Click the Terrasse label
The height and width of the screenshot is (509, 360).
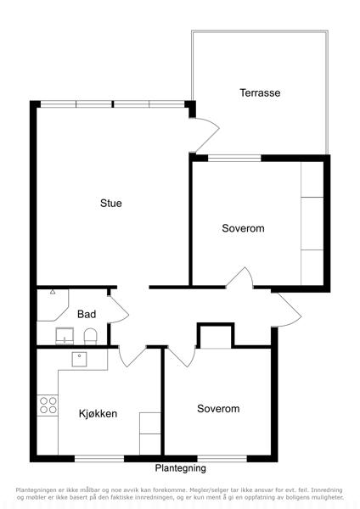tap(260, 92)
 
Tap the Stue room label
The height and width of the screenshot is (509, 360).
tap(111, 204)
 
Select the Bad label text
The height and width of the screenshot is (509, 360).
tap(87, 314)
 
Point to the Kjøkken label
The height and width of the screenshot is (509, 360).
tap(98, 414)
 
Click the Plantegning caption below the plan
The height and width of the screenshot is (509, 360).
tap(180, 468)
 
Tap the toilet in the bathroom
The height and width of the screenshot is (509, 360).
tap(90, 337)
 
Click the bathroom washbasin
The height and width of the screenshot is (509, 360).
tap(65, 336)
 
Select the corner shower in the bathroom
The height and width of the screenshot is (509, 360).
tap(53, 305)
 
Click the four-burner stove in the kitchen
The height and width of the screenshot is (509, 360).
tap(48, 406)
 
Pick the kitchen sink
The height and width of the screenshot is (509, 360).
tap(79, 360)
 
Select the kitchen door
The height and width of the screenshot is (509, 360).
tap(132, 357)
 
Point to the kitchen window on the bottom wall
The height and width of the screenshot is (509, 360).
tap(99, 458)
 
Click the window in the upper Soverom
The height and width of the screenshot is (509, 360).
tap(234, 158)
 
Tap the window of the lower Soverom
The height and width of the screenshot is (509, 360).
tap(222, 458)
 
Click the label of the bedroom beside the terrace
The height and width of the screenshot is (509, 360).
tap(243, 228)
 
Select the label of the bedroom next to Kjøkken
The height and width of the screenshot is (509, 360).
tap(218, 408)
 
